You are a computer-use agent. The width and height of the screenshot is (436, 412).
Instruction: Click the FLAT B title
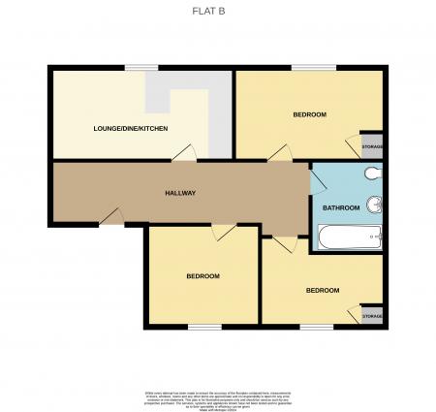click(x=217, y=13)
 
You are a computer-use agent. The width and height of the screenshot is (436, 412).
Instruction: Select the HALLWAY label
click(x=180, y=193)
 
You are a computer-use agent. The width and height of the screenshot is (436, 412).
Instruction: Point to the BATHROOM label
click(x=341, y=207)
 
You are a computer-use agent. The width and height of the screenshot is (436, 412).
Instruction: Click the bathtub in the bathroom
click(x=350, y=237)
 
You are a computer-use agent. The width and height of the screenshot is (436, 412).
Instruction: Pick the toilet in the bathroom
click(x=374, y=174)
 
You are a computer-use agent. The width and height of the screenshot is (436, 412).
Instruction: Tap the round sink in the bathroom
click(x=378, y=205)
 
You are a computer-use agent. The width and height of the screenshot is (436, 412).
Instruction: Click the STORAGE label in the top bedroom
click(x=372, y=146)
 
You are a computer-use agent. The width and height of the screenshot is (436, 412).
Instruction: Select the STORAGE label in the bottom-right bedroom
click(x=372, y=316)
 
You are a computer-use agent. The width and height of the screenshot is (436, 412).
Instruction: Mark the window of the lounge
click(x=141, y=66)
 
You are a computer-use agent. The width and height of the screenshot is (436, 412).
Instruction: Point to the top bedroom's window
click(x=314, y=66)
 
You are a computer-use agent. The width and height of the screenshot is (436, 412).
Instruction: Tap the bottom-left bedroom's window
click(x=204, y=326)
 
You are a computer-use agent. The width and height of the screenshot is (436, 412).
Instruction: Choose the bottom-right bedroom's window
click(x=316, y=326)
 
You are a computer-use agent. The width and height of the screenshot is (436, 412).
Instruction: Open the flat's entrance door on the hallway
click(x=112, y=220)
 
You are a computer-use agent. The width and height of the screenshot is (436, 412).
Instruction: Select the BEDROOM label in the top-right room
click(x=309, y=114)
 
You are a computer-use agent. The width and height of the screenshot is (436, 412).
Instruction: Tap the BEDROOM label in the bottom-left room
click(x=203, y=276)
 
